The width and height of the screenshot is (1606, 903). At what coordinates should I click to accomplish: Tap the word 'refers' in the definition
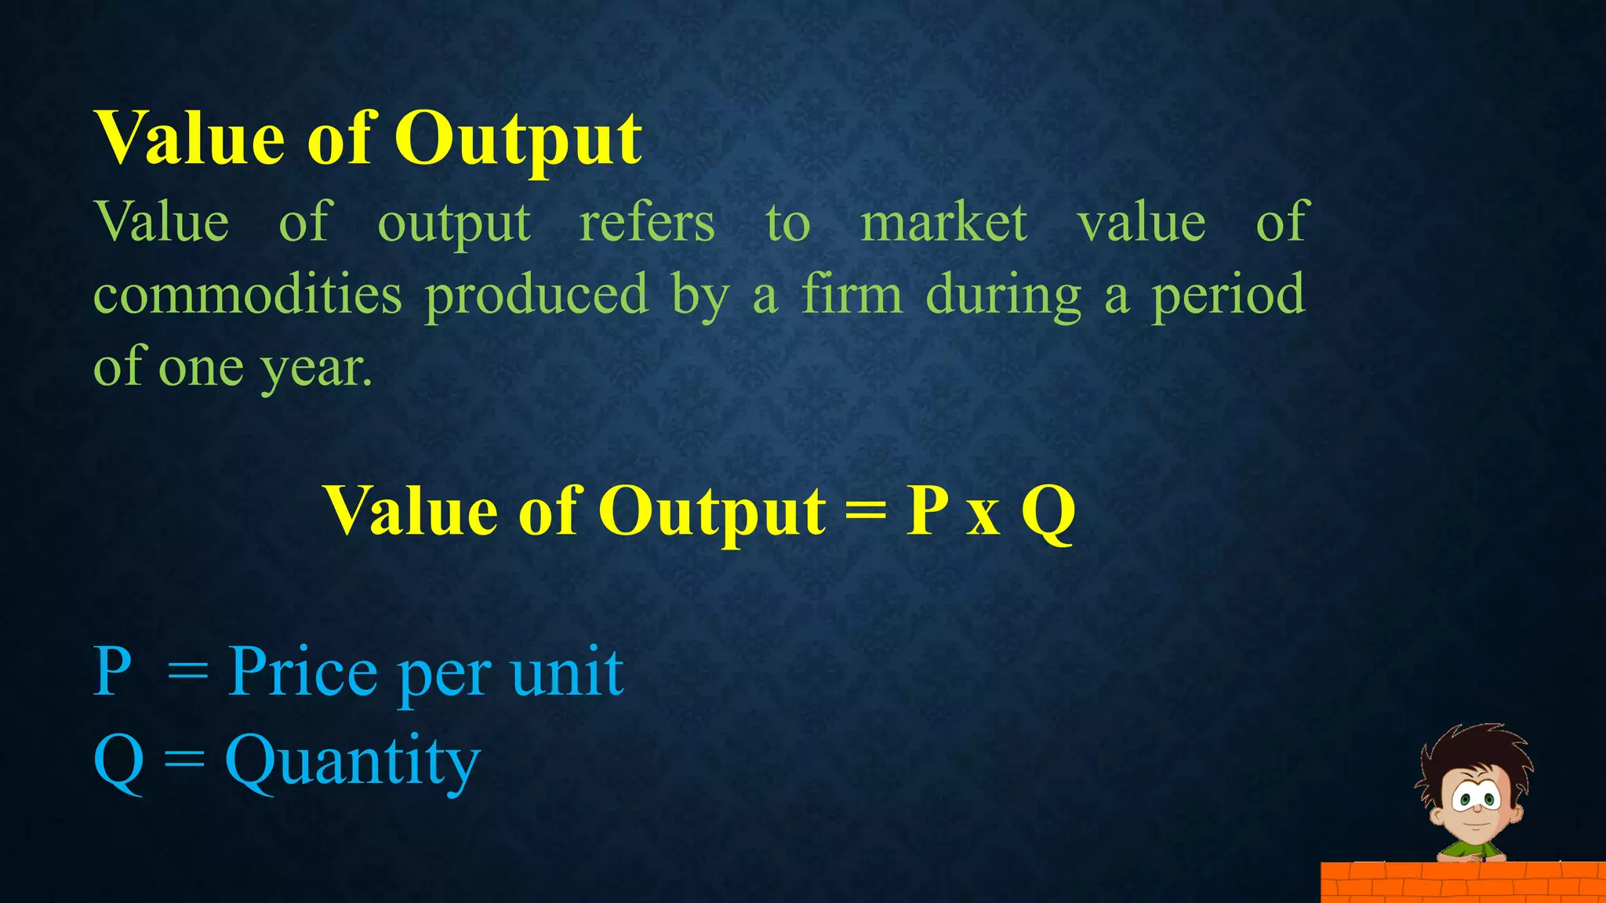click(647, 223)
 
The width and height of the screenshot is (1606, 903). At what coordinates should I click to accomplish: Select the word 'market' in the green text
click(943, 223)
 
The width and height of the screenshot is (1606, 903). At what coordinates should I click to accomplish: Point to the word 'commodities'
click(248, 295)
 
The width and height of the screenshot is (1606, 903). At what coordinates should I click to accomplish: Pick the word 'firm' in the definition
click(852, 295)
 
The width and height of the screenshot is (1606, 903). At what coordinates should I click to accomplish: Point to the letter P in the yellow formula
click(927, 510)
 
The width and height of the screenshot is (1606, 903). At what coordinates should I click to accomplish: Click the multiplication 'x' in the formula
click(983, 517)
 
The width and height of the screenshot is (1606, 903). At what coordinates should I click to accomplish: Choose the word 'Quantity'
click(352, 762)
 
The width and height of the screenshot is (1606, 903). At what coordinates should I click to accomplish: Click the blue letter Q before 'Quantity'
click(118, 762)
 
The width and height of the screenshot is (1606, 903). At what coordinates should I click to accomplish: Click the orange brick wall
click(1462, 883)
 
